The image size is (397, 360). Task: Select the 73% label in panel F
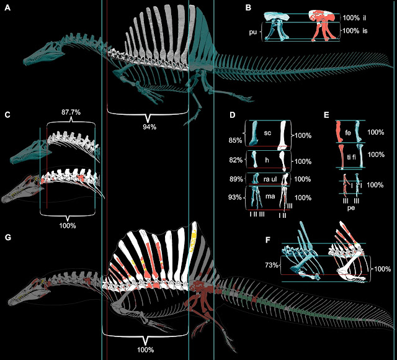click(271, 266)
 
